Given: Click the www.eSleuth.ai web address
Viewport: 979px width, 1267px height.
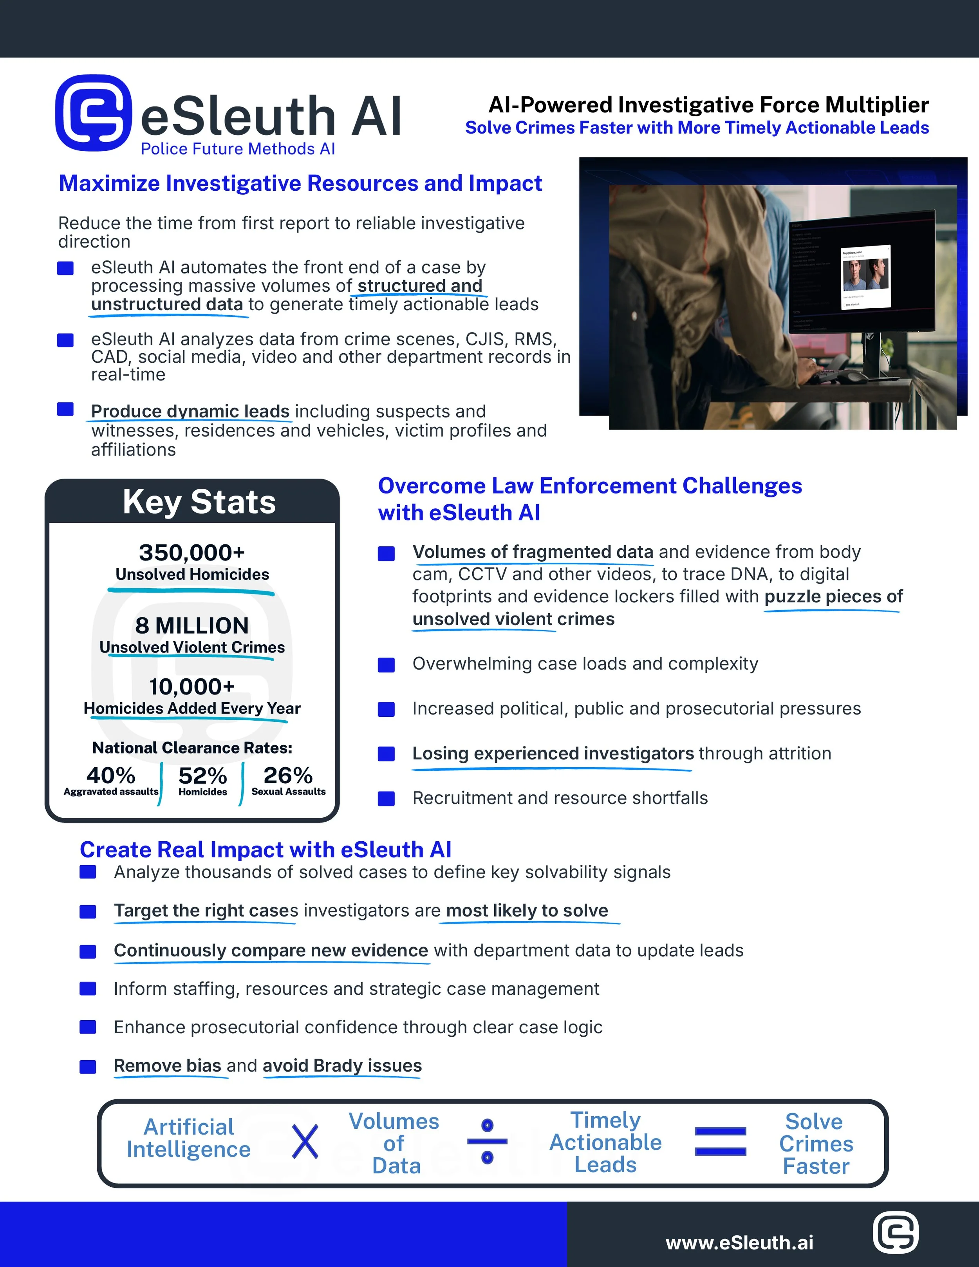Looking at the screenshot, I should tap(739, 1243).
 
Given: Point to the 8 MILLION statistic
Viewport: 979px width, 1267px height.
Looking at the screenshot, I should tap(192, 625).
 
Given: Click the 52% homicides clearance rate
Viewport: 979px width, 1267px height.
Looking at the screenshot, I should tap(202, 775).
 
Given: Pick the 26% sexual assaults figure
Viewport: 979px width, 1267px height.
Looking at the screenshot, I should tap(288, 775).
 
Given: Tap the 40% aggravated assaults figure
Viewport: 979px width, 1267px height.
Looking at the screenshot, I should tap(111, 775).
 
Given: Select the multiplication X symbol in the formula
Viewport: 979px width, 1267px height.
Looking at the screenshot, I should tap(305, 1142).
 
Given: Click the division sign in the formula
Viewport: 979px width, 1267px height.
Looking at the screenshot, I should tap(487, 1141).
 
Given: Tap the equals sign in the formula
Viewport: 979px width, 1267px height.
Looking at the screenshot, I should tap(720, 1141).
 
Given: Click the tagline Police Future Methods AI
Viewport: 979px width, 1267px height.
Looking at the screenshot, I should tap(238, 149).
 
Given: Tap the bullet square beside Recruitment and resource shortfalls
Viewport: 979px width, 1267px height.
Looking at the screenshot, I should tap(386, 799).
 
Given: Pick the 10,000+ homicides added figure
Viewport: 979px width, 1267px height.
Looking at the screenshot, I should tap(192, 687).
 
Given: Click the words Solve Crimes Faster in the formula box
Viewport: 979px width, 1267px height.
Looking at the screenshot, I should tap(816, 1143).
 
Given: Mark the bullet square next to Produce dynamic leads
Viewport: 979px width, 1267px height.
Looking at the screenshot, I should tap(65, 410).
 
